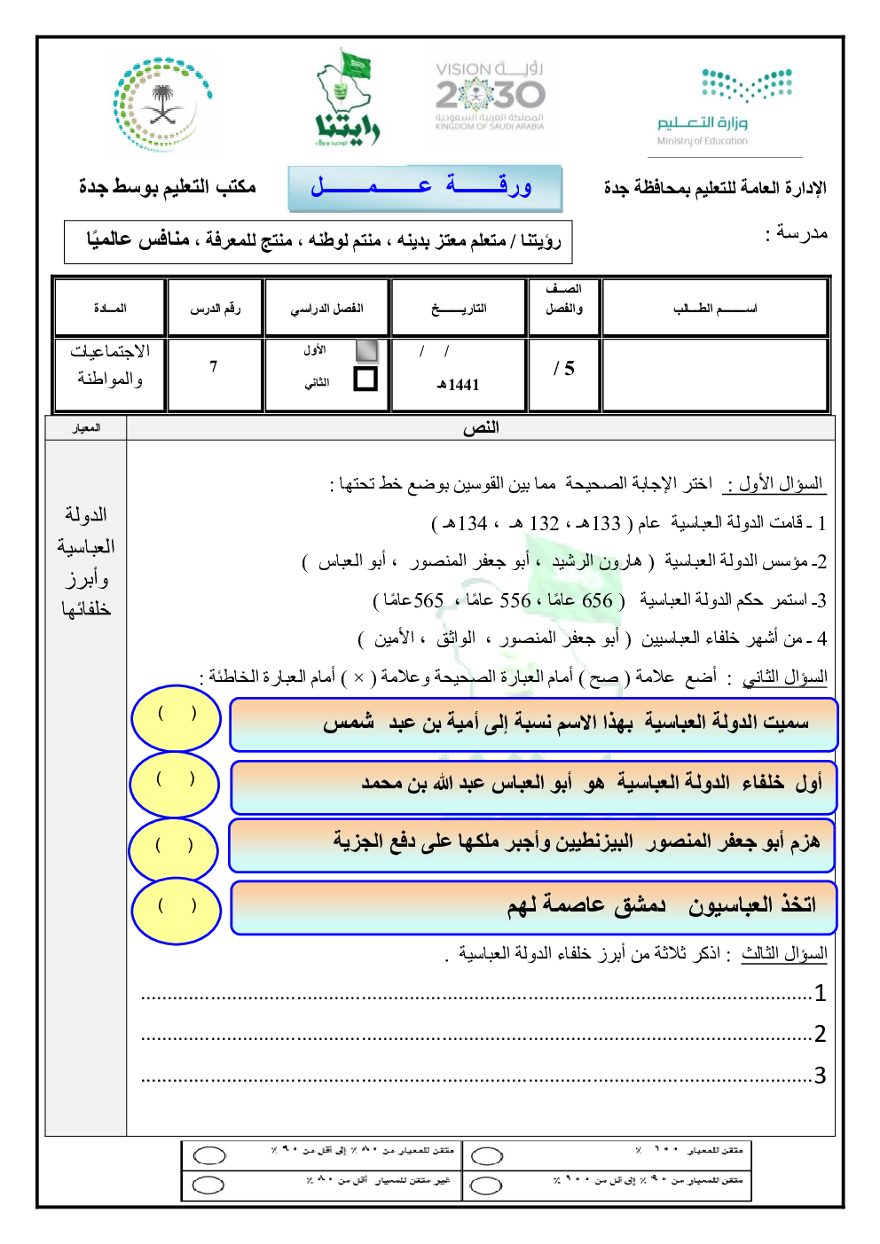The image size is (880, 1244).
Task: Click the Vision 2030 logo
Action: tap(490, 96)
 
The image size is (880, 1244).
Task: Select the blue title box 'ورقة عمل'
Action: tap(424, 187)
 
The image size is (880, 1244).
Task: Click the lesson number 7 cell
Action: tap(214, 367)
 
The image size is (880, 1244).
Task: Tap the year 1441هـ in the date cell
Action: tap(458, 385)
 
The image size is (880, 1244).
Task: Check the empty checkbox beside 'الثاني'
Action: tap(365, 379)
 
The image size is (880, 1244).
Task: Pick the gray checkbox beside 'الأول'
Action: tap(365, 350)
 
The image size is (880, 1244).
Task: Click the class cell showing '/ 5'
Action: tap(564, 368)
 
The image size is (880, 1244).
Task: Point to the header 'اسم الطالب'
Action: tap(715, 309)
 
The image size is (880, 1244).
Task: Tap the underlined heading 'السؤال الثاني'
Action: tap(785, 677)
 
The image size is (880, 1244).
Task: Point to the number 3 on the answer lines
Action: tap(820, 1076)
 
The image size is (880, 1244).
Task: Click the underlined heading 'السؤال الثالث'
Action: tap(784, 954)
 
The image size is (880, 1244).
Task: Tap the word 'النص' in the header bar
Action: tap(481, 428)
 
